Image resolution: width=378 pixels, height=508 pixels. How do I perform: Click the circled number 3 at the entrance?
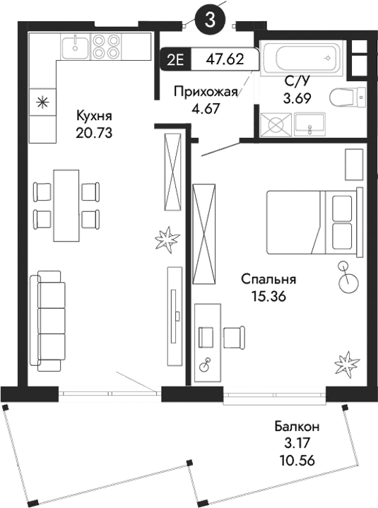click(x=210, y=20)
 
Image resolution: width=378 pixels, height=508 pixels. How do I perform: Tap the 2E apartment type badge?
click(x=175, y=59)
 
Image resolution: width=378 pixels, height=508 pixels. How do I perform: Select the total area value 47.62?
click(x=224, y=59)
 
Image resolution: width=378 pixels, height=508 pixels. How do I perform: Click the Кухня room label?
click(x=94, y=116)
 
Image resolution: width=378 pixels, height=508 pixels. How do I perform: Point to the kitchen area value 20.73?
click(x=94, y=132)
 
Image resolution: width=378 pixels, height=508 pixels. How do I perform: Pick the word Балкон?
click(x=297, y=427)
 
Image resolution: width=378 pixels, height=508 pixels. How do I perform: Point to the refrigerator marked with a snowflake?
click(x=42, y=102)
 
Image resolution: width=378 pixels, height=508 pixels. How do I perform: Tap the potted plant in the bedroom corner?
click(x=347, y=364)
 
